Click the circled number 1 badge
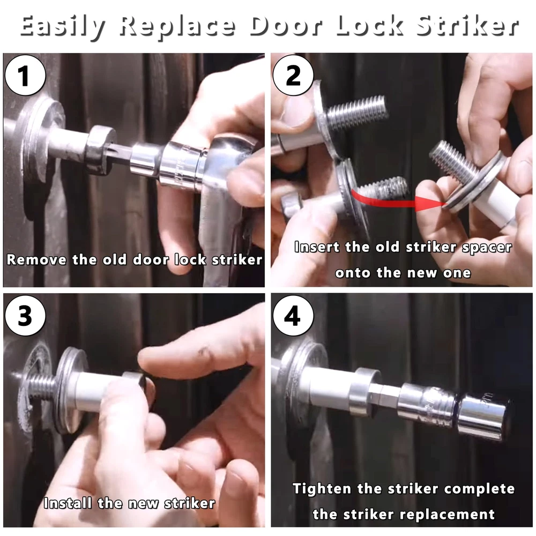coord(25,75)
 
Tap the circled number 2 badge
coord(293,75)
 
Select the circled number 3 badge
coord(25,316)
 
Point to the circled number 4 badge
coord(293,316)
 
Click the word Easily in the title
coord(62,27)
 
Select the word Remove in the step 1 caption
coord(36,260)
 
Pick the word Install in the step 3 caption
coord(68,503)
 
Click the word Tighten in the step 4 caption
coord(322,489)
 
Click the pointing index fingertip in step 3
coord(151,359)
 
